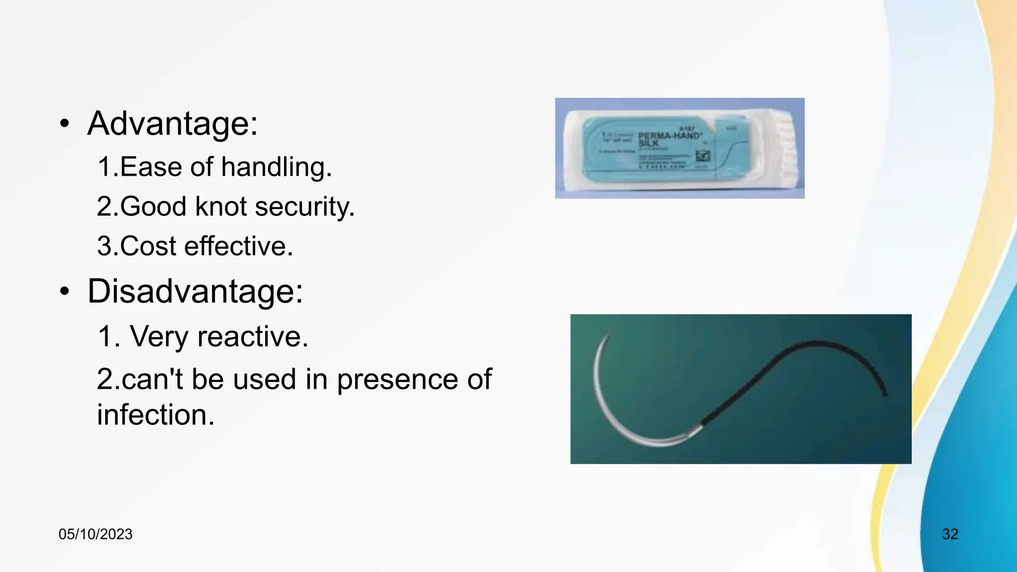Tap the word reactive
[252, 337]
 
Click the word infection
[155, 415]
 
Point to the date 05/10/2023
[95, 534]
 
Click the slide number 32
[950, 534]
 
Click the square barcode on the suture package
[703, 157]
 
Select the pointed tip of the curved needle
[608, 336]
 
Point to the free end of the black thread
[885, 395]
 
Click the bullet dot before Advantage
[64, 124]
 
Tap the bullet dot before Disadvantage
[64, 291]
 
